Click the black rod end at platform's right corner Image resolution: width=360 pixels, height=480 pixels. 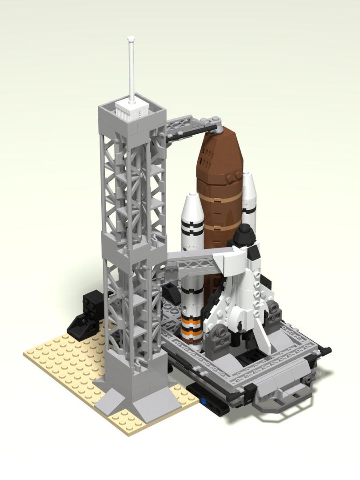click(x=328, y=351)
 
